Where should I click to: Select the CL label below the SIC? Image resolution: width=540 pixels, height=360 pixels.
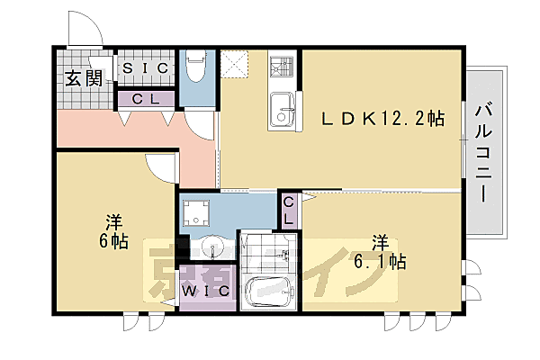coord(147,98)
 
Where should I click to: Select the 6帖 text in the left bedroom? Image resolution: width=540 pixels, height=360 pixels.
coord(112,231)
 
